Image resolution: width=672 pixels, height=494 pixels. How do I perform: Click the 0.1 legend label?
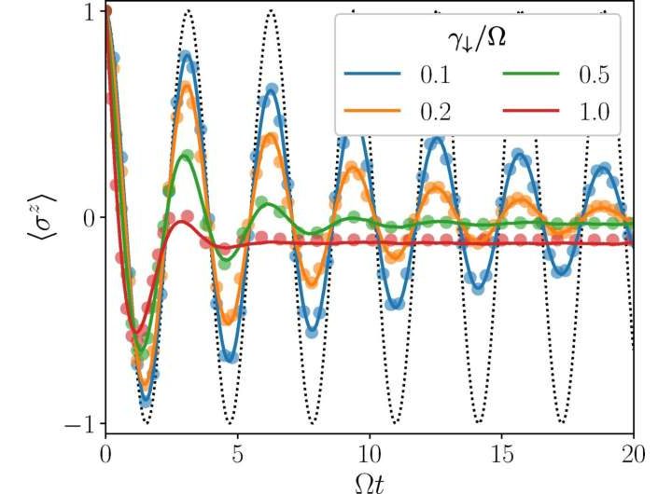coord(434,75)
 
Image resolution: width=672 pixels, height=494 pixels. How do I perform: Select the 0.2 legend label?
coord(434,111)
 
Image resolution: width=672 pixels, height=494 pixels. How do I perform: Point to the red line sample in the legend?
coord(535,111)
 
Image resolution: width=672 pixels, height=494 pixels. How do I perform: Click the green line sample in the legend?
coord(535,75)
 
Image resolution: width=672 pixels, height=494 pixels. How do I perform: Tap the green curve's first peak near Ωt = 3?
coord(186,156)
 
